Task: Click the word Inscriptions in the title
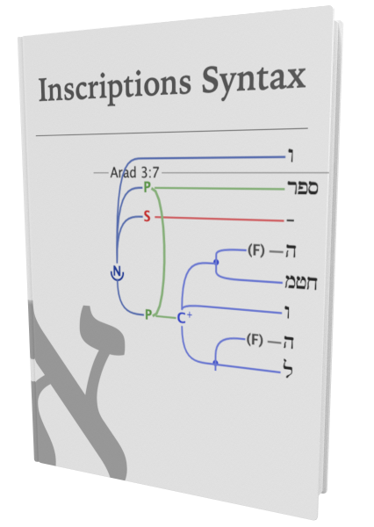click(115, 87)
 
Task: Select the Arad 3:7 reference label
click(134, 173)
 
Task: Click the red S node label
click(147, 216)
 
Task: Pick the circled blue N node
click(117, 272)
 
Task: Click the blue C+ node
click(183, 318)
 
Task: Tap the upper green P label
click(147, 187)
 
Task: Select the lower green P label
click(148, 314)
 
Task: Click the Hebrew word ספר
click(302, 187)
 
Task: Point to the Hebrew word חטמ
click(301, 282)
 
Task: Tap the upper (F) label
click(256, 250)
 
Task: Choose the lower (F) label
click(255, 340)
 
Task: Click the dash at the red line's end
click(291, 220)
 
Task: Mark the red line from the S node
click(219, 219)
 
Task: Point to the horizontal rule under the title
click(172, 132)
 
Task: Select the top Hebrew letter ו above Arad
click(291, 156)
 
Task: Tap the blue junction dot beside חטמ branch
click(216, 262)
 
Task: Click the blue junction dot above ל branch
click(215, 363)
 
